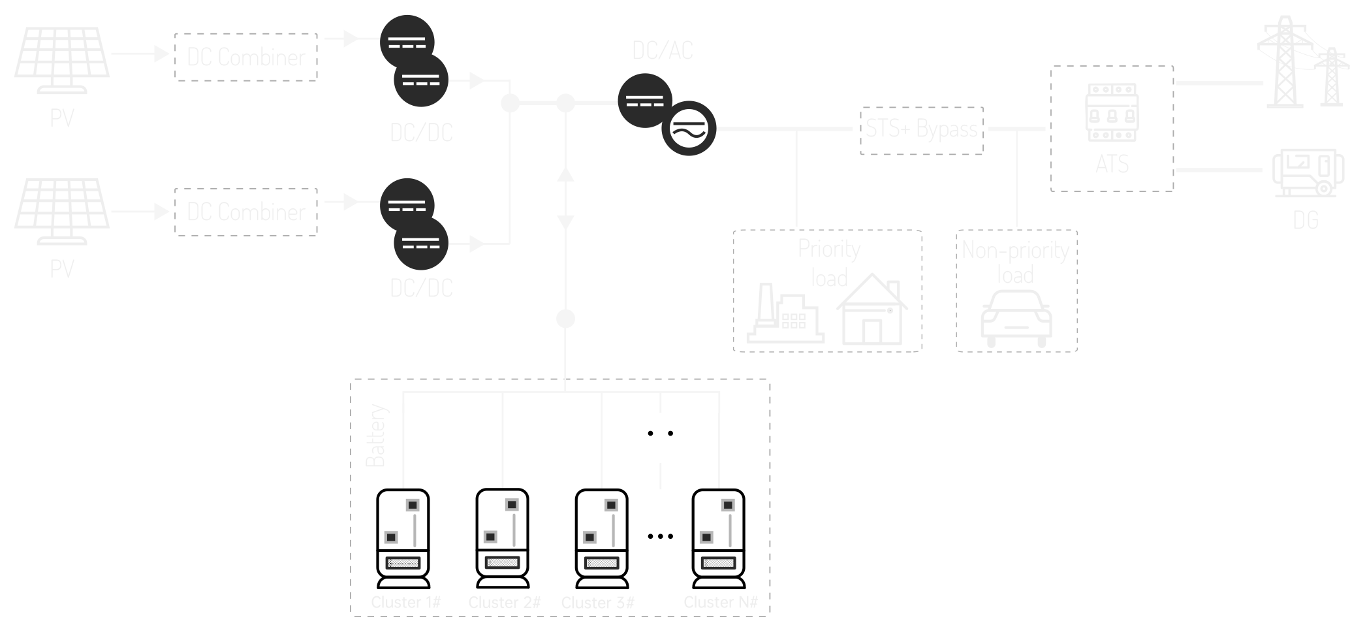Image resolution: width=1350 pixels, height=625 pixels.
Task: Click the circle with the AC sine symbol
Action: [689, 128]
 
